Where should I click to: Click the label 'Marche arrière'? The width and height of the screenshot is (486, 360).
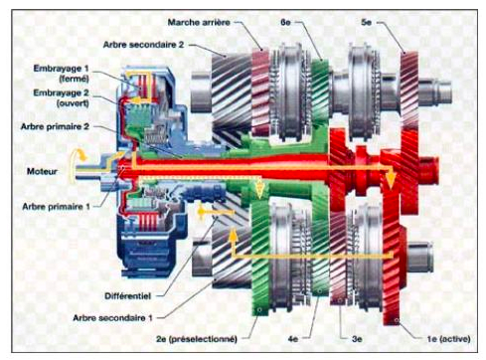tap(199, 23)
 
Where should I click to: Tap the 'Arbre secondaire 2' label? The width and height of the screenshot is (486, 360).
tap(143, 45)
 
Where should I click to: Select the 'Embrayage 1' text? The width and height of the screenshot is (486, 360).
tap(62, 69)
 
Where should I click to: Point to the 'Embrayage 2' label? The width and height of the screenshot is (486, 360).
tap(62, 92)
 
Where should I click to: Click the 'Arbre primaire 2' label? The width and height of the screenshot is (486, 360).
tap(55, 126)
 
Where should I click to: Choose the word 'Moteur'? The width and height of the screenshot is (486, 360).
tap(42, 171)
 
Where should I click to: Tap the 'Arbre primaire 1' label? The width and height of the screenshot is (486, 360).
tap(56, 207)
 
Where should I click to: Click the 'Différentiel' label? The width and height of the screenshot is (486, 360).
tap(128, 296)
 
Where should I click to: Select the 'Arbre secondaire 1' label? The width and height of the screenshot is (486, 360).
tap(112, 318)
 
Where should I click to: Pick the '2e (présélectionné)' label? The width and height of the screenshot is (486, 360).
tap(197, 339)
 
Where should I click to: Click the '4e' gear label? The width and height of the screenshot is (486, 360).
tap(293, 339)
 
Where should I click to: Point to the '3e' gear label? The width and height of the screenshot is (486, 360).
tap(357, 339)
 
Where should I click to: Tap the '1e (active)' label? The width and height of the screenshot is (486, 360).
tap(448, 339)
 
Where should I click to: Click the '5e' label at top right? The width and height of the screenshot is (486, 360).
tap(367, 22)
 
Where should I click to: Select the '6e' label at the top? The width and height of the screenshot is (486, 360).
tap(285, 22)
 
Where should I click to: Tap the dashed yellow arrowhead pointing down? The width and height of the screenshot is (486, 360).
tap(260, 191)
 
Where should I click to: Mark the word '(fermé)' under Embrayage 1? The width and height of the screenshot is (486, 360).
tap(74, 79)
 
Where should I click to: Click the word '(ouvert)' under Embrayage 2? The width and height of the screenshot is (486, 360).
tap(73, 103)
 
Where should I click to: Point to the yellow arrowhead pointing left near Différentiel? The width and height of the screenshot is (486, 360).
tap(201, 211)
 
